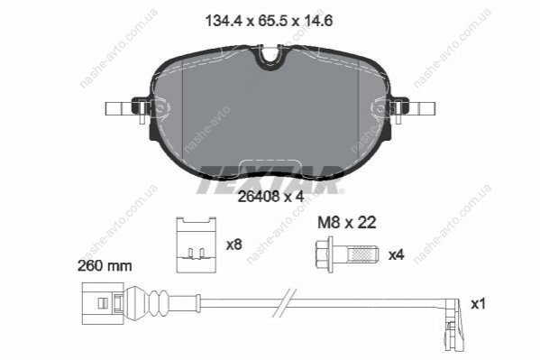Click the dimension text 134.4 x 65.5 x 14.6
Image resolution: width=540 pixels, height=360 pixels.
tap(269, 21)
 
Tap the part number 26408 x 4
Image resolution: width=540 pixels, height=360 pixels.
tap(271, 197)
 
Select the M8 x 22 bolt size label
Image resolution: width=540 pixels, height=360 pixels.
tap(346, 223)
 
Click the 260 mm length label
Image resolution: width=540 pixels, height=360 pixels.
tap(105, 266)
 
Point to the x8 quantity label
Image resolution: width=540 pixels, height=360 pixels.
tap(234, 245)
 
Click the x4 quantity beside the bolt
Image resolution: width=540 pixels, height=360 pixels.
tap(396, 255)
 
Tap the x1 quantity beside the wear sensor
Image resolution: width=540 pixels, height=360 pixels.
tap(478, 304)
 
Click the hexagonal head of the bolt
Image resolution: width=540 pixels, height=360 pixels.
tap(324, 254)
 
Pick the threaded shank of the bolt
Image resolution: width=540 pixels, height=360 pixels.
tap(362, 254)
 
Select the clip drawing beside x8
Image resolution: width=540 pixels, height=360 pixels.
tap(197, 245)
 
